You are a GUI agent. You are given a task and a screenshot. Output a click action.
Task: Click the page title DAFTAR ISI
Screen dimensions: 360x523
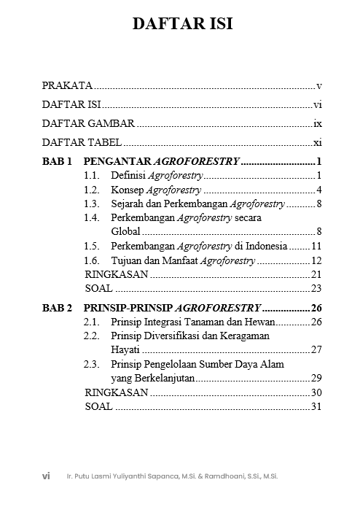click(183, 24)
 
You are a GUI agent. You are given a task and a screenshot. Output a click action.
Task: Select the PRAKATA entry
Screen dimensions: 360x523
click(66, 85)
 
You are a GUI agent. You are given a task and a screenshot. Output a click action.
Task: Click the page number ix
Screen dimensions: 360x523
click(317, 123)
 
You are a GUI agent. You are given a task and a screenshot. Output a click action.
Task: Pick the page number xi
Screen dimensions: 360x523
click(317, 142)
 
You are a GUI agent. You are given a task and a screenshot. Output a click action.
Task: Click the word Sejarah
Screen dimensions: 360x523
click(128, 204)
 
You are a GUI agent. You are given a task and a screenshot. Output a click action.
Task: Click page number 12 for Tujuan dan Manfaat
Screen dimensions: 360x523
click(316, 260)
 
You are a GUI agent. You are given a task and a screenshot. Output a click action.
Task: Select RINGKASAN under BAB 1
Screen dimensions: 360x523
click(117, 274)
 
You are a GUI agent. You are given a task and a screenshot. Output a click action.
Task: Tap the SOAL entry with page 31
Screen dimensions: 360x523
click(98, 406)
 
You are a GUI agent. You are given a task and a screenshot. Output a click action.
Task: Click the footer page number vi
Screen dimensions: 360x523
click(46, 476)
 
